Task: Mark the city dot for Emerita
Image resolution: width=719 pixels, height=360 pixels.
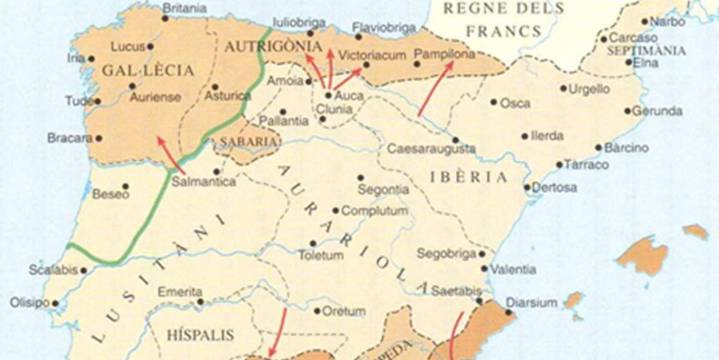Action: (201, 300)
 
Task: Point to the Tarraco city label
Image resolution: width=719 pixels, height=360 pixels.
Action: (585, 164)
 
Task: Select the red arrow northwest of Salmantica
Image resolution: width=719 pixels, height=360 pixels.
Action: (169, 158)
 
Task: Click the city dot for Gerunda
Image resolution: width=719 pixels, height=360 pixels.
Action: (628, 111)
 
